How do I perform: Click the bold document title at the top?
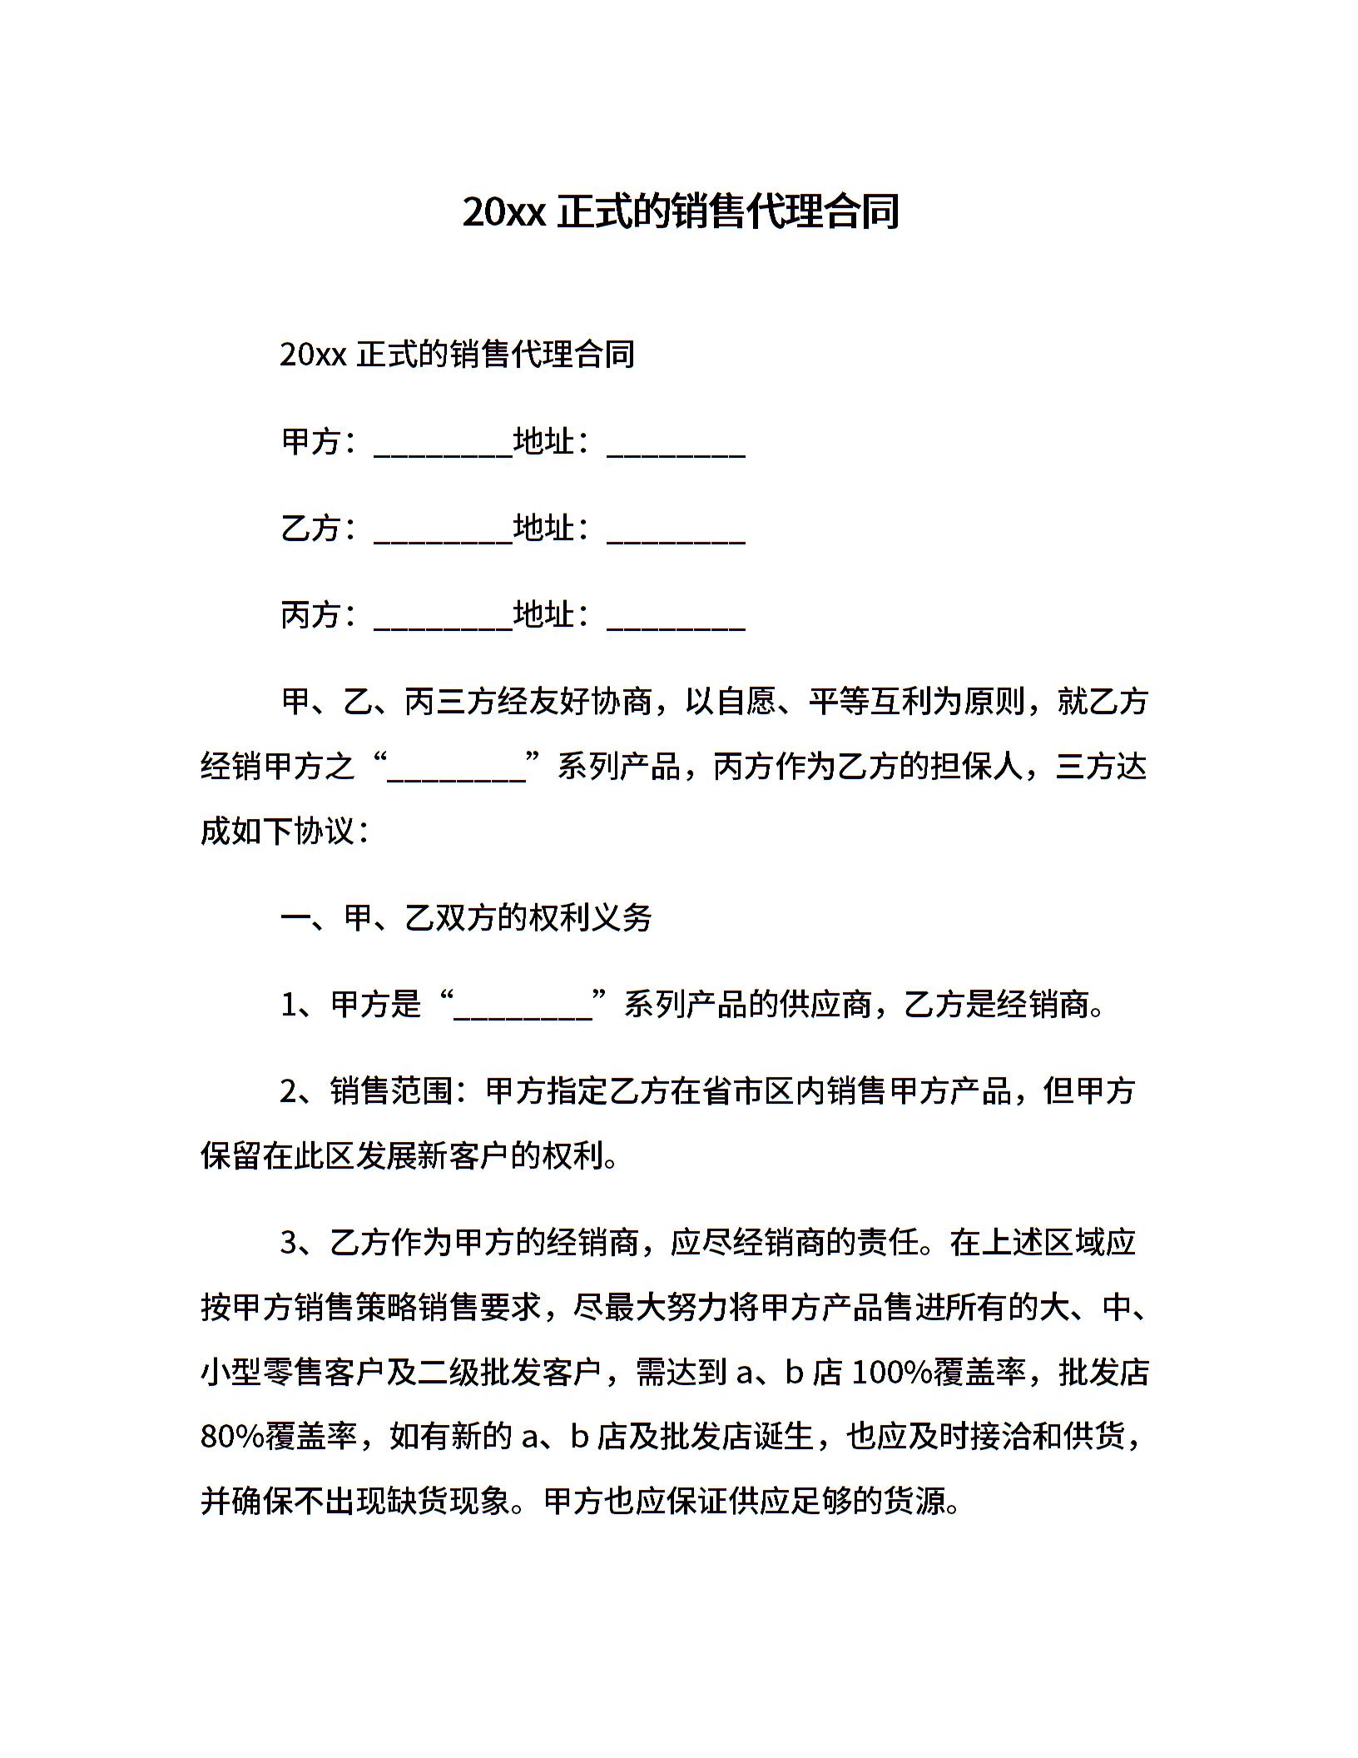coord(680,212)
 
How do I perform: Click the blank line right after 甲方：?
coord(443,445)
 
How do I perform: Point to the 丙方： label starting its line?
coord(320,615)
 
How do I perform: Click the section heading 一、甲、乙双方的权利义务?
coord(466,918)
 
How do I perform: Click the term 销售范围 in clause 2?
coord(392,1090)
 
